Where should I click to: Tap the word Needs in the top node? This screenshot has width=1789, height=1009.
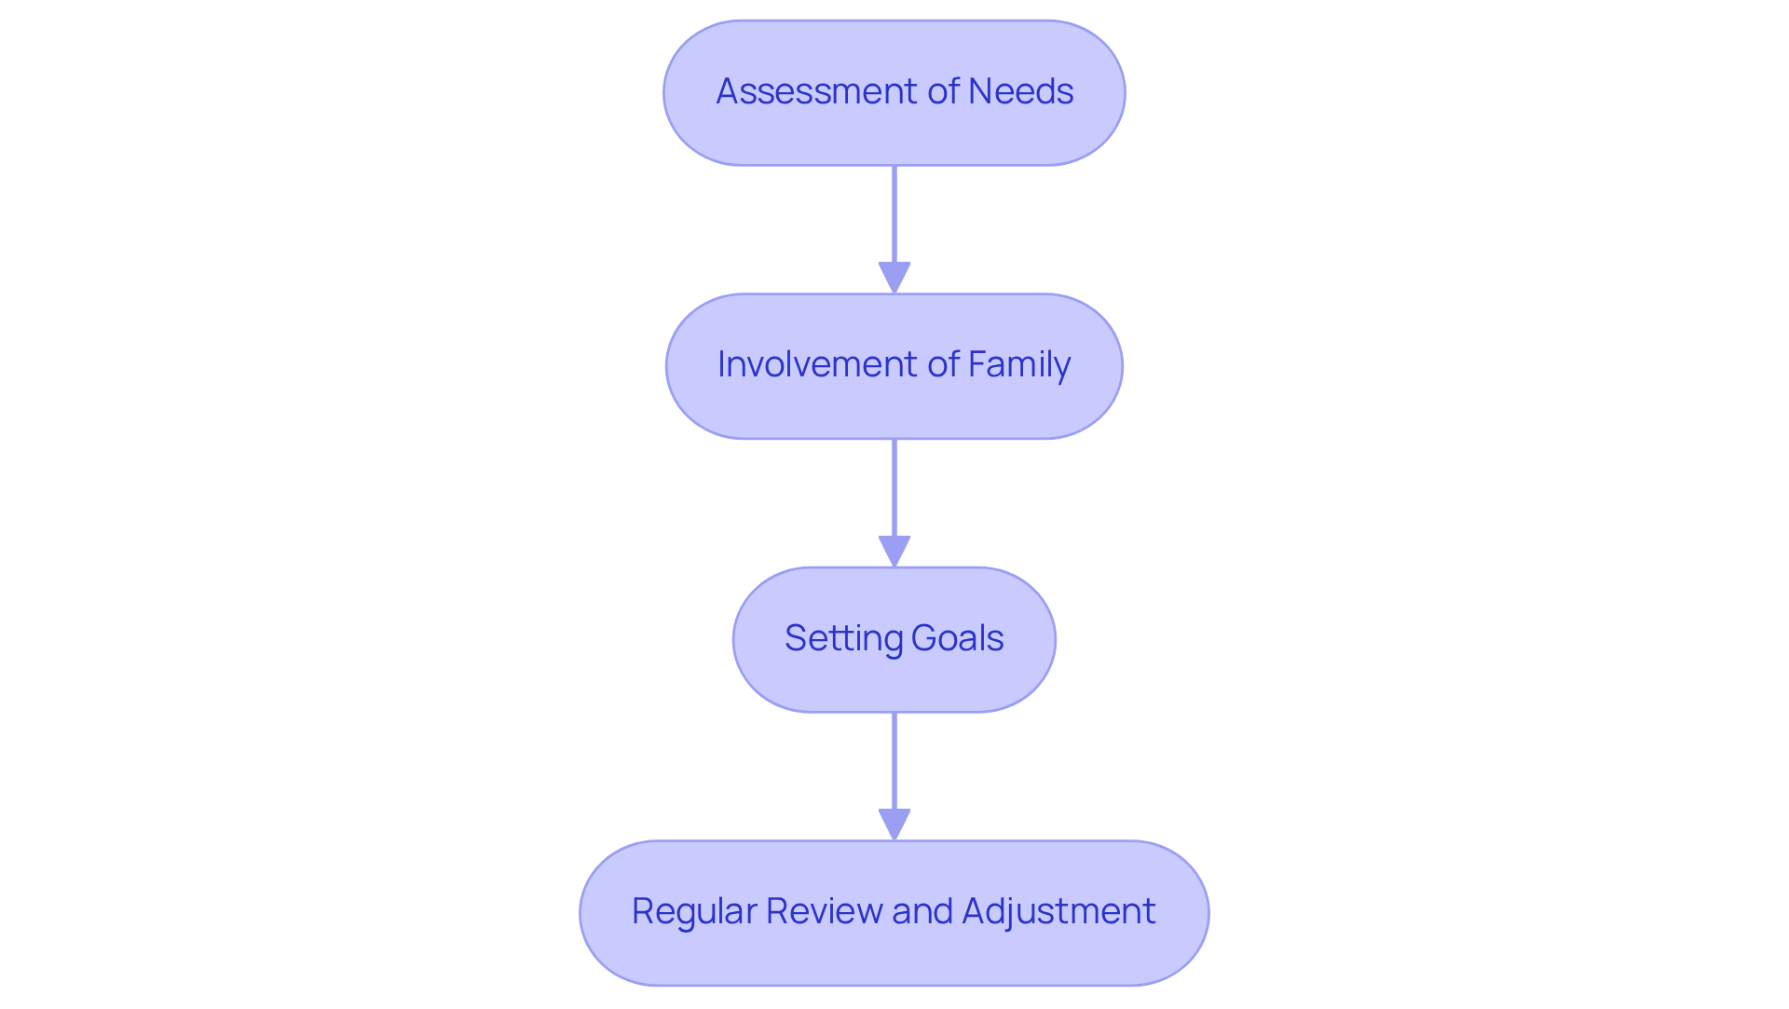(1020, 91)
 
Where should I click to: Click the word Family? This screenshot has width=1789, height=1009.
(1018, 364)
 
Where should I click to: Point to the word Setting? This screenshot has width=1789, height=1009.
(842, 638)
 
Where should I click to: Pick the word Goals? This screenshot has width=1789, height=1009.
(957, 638)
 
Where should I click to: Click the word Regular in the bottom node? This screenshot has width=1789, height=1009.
(693, 911)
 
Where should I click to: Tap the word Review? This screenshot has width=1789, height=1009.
(825, 911)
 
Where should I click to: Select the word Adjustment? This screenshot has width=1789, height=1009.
(1058, 911)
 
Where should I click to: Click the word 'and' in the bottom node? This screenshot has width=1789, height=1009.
(922, 911)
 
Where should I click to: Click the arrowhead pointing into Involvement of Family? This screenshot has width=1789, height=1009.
(894, 278)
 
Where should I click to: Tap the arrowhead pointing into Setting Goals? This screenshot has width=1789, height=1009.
(894, 551)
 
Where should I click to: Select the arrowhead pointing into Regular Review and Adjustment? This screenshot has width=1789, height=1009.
(894, 824)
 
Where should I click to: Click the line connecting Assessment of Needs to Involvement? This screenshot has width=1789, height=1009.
(894, 214)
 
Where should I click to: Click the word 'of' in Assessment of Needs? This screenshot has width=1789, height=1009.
(943, 91)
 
